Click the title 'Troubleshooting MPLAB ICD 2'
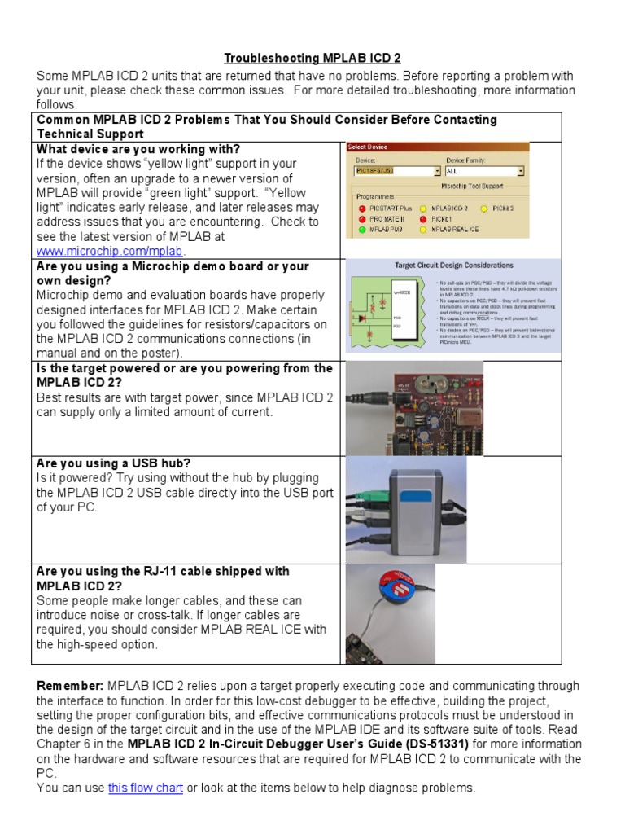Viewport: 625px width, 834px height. tap(312, 59)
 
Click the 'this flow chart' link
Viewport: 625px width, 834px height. tap(145, 788)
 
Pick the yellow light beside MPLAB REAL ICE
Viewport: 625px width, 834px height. tap(423, 230)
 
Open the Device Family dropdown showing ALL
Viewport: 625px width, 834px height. tap(484, 172)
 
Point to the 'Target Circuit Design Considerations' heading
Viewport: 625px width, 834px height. tap(453, 266)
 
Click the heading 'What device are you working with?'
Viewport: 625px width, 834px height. tap(138, 149)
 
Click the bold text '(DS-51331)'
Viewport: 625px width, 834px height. tap(432, 744)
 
